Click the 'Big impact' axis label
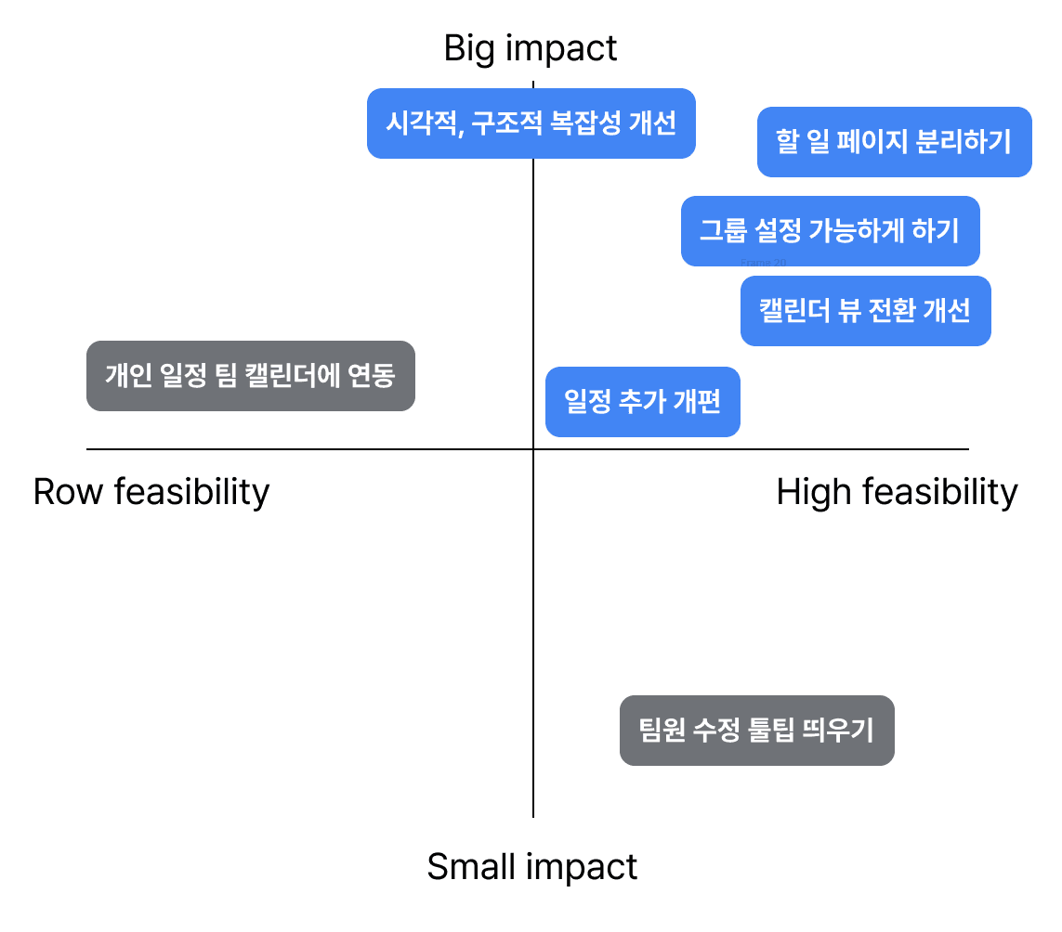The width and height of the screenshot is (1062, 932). [x=531, y=48]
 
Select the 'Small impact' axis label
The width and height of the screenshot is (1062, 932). [x=531, y=867]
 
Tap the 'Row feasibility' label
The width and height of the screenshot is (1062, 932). [x=151, y=491]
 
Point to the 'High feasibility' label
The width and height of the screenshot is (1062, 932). [x=897, y=491]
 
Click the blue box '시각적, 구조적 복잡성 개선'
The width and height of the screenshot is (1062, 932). [x=531, y=123]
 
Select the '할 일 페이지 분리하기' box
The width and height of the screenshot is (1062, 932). [x=894, y=142]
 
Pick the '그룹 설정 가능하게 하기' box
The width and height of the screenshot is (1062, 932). [x=830, y=231]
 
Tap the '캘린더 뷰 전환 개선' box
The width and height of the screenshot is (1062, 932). [x=865, y=310]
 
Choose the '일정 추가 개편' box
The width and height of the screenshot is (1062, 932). [x=642, y=402]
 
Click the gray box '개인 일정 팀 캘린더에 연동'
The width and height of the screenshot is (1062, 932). [x=250, y=376]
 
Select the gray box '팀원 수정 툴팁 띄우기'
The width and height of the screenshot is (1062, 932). [x=756, y=731]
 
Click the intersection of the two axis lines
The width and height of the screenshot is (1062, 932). [x=533, y=449]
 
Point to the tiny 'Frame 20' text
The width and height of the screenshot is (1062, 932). [x=764, y=263]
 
